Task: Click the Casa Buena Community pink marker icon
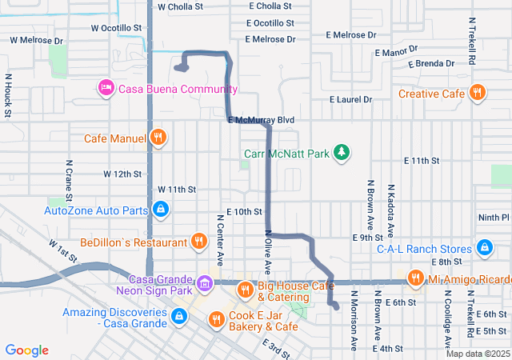point(106,89)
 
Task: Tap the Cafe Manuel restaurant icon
point(158,138)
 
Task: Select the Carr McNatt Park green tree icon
point(342,151)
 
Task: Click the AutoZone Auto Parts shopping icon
point(161,210)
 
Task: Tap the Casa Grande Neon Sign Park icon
point(205,282)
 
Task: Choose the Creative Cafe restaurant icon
point(478,93)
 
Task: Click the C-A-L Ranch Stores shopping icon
point(485,248)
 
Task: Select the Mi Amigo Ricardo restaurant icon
point(415,278)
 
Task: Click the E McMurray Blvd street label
point(261,120)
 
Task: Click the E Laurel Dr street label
point(351,99)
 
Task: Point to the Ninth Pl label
point(493,217)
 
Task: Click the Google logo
point(27,350)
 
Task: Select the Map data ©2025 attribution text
point(477,354)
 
